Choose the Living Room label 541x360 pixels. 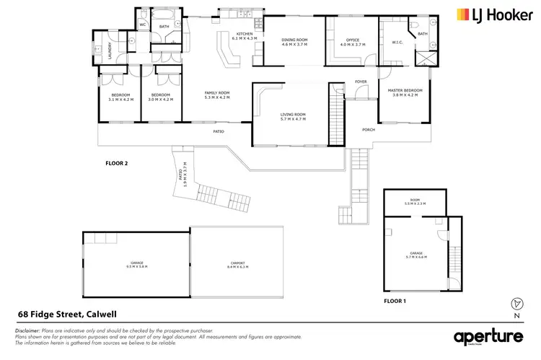point(293,117)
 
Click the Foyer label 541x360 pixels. point(360,82)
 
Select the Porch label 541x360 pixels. point(368,130)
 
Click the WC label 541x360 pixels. point(142,25)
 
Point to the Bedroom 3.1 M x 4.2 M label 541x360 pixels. point(120,97)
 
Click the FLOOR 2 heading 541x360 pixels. point(116,164)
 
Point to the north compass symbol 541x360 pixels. point(515,304)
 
